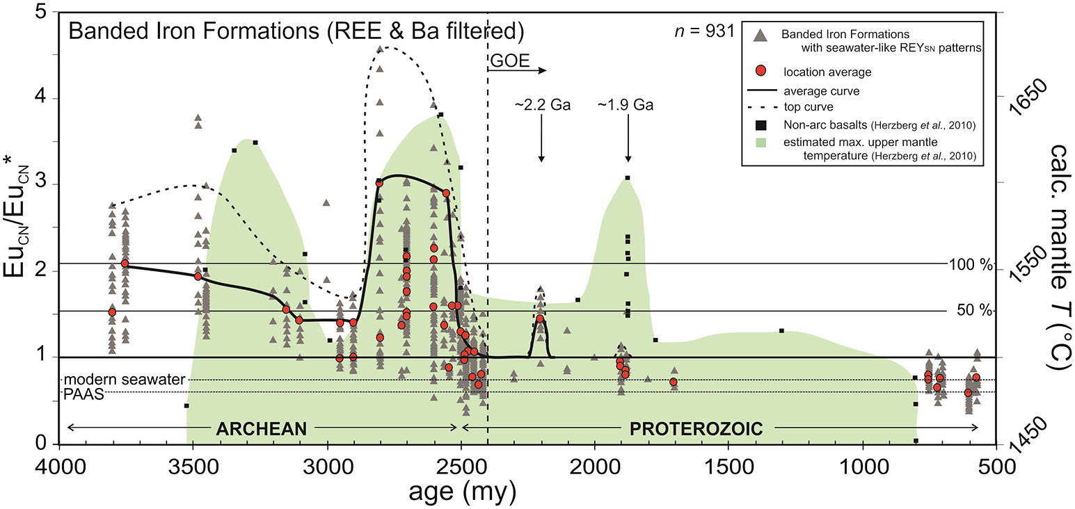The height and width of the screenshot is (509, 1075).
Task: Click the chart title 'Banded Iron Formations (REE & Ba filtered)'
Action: point(296,31)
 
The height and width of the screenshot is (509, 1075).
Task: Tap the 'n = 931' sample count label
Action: point(705,31)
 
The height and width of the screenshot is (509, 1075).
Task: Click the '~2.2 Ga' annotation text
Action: point(542,104)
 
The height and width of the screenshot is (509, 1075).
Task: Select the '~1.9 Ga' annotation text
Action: point(626,104)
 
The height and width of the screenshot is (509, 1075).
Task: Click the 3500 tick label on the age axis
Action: point(193,467)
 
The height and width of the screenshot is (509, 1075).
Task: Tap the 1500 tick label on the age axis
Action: point(728,467)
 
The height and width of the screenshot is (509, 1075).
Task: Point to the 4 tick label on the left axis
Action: point(41,97)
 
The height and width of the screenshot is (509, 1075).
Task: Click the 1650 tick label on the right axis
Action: point(1028,97)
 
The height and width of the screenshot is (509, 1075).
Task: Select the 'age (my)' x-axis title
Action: point(463,492)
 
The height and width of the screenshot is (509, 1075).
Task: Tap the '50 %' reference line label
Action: point(974,310)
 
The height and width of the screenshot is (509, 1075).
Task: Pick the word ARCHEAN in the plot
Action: point(262,428)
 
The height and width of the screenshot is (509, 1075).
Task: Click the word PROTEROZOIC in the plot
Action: point(696,428)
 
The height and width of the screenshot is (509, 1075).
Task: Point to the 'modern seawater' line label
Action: point(125,380)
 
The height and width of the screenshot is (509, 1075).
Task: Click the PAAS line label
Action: point(84,394)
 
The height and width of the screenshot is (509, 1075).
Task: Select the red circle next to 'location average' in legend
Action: point(761,71)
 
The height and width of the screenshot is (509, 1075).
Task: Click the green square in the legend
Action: point(761,143)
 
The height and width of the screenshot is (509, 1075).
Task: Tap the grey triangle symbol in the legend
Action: point(761,35)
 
